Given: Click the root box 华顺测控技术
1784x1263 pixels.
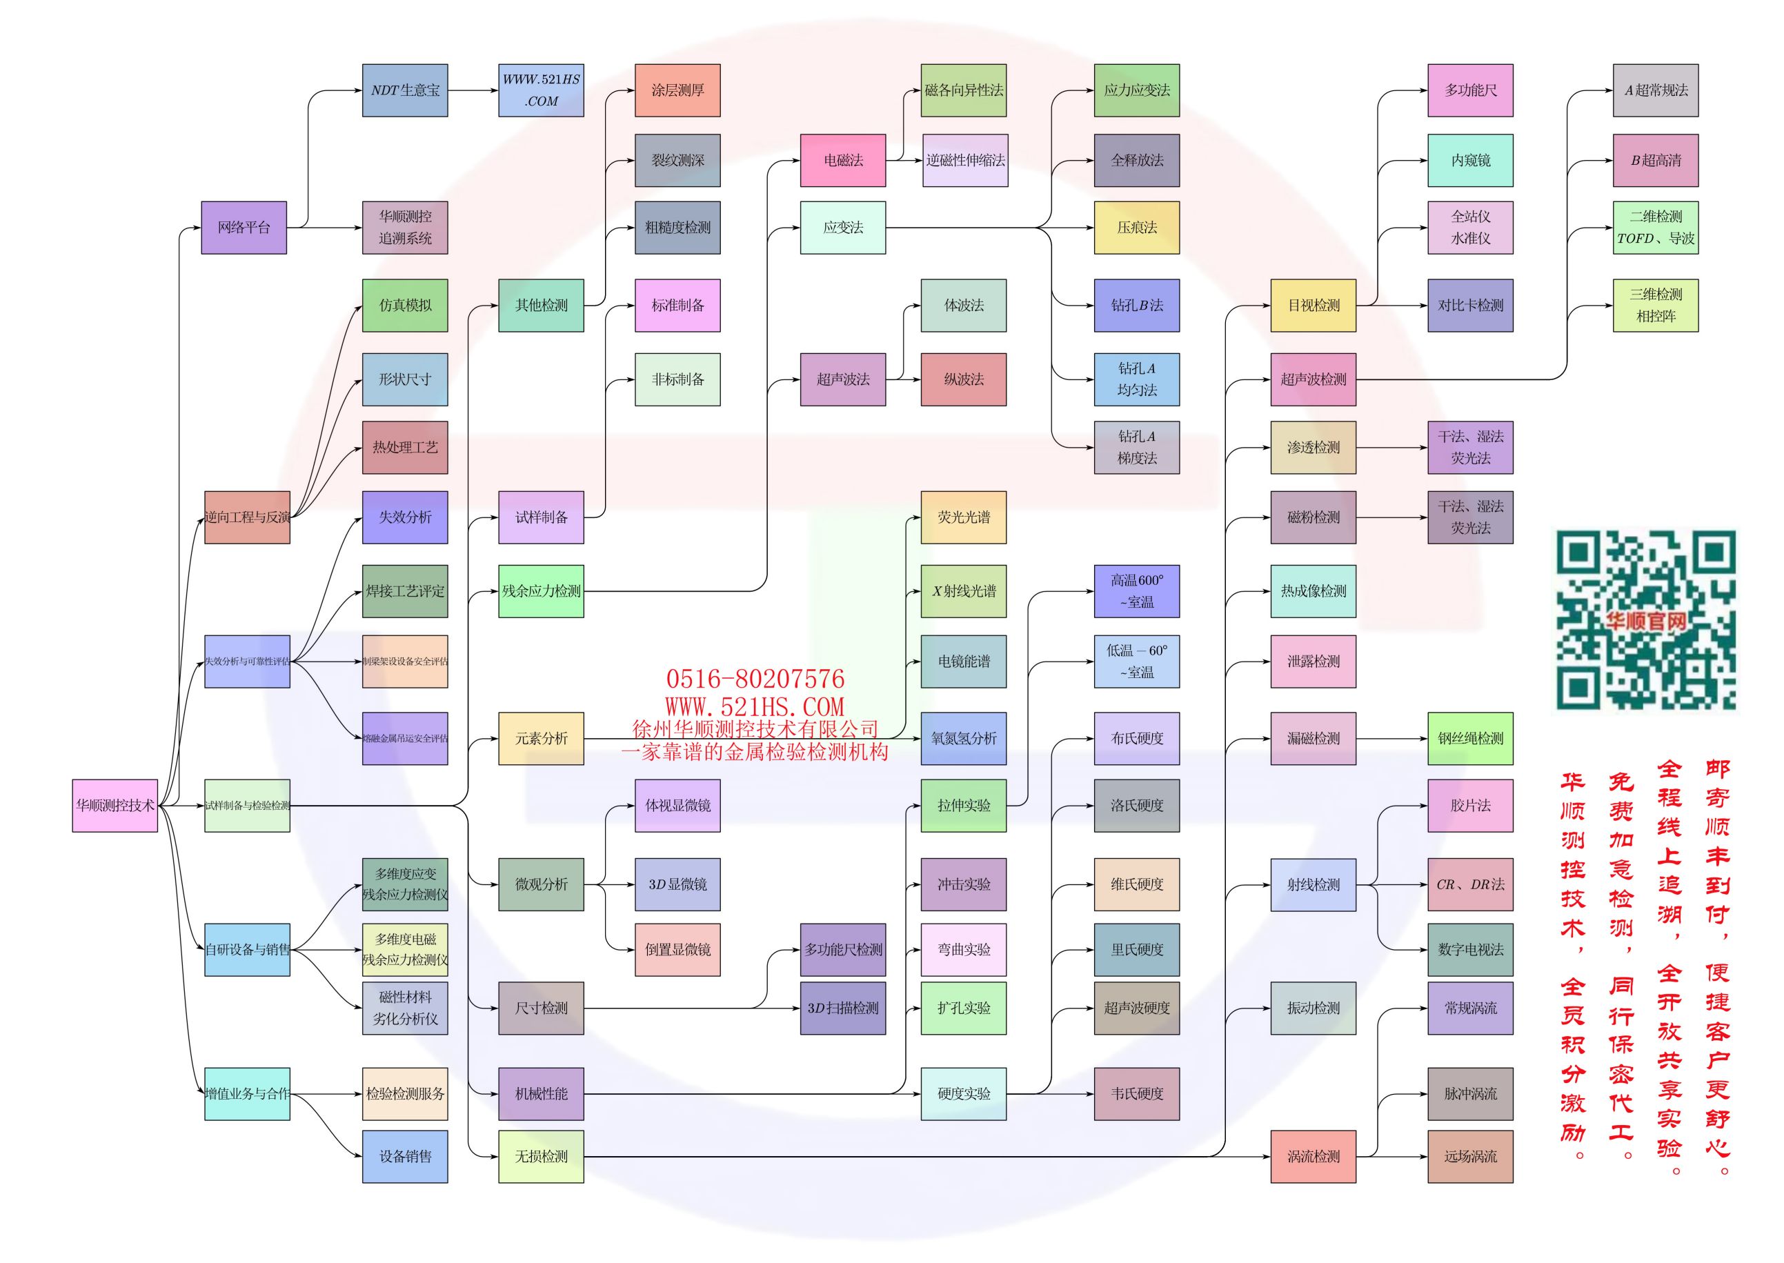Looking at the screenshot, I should [115, 805].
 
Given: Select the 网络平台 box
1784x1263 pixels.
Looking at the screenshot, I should [244, 227].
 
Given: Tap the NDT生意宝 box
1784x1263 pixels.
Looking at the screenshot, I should [404, 90].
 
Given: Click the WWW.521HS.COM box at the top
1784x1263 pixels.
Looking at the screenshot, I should [540, 90].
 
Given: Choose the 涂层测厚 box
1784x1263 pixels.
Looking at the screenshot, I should [677, 90].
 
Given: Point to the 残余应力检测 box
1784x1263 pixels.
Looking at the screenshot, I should [540, 591].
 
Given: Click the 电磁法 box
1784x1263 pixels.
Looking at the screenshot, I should [843, 160].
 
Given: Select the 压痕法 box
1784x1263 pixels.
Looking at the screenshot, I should [1136, 227].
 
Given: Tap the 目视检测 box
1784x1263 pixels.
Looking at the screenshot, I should [1313, 305].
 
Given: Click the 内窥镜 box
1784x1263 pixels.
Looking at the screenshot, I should [1470, 160].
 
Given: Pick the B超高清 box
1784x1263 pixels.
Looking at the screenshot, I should [1655, 160].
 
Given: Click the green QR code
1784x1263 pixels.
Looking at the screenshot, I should [1645, 620].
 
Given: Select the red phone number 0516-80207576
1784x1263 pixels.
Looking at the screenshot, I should [754, 679].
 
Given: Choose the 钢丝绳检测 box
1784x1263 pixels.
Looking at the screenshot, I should [1470, 738].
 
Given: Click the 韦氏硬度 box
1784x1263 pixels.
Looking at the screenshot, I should [1136, 1093].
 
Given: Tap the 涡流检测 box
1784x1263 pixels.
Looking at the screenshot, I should [1313, 1157].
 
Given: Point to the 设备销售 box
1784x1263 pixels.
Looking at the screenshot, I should [404, 1157].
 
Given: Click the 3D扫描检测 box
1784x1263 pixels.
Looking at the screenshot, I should [843, 1008].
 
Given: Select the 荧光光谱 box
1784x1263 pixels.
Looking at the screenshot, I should [964, 517].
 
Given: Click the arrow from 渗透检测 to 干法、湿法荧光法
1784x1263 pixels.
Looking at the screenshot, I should [1391, 447].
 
